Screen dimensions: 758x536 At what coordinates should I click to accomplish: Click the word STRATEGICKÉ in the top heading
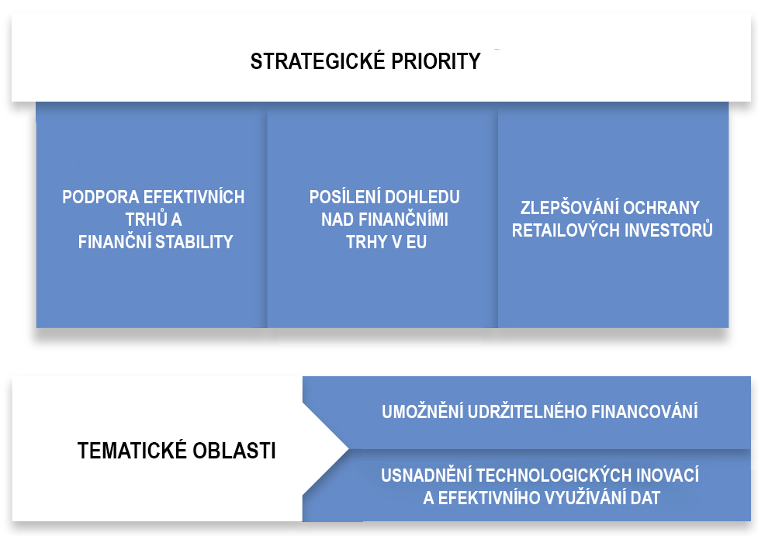tap(317, 61)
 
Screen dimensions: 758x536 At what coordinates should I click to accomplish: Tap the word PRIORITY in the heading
tap(436, 61)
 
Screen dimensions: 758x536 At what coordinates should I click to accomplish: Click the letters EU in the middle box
tap(416, 242)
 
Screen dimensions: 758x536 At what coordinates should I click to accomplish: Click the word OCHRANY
tap(662, 208)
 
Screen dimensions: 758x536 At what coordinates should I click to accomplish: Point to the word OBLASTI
tap(234, 451)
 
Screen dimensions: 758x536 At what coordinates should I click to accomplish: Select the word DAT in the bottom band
tap(646, 497)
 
